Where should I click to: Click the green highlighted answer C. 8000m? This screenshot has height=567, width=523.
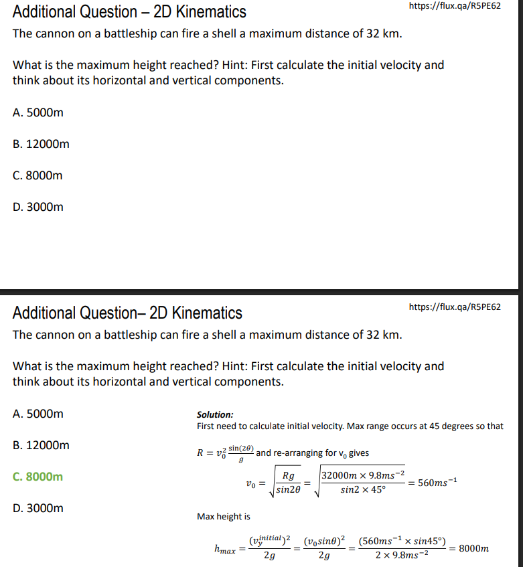coord(38,477)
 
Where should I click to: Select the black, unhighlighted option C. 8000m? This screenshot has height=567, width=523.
coord(38,175)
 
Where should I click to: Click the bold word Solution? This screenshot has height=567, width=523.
coord(215,415)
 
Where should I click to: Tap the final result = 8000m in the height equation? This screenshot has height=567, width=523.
coord(468,549)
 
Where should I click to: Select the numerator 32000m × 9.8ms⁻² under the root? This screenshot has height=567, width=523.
coord(362,475)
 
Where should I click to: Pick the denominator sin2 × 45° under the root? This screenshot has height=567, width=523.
coord(362,490)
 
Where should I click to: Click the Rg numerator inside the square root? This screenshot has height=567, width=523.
coord(289,476)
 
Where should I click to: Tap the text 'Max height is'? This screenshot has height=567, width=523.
coord(224,516)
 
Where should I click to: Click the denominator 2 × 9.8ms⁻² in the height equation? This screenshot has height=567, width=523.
coord(401,557)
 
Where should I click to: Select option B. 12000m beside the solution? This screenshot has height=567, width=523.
coord(41,445)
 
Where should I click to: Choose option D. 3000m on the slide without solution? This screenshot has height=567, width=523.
coord(38,207)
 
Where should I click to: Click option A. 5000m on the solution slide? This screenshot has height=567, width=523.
coord(38,414)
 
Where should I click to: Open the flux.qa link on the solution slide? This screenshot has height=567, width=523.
coord(455,307)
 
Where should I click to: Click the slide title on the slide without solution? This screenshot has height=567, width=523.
coord(129,12)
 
